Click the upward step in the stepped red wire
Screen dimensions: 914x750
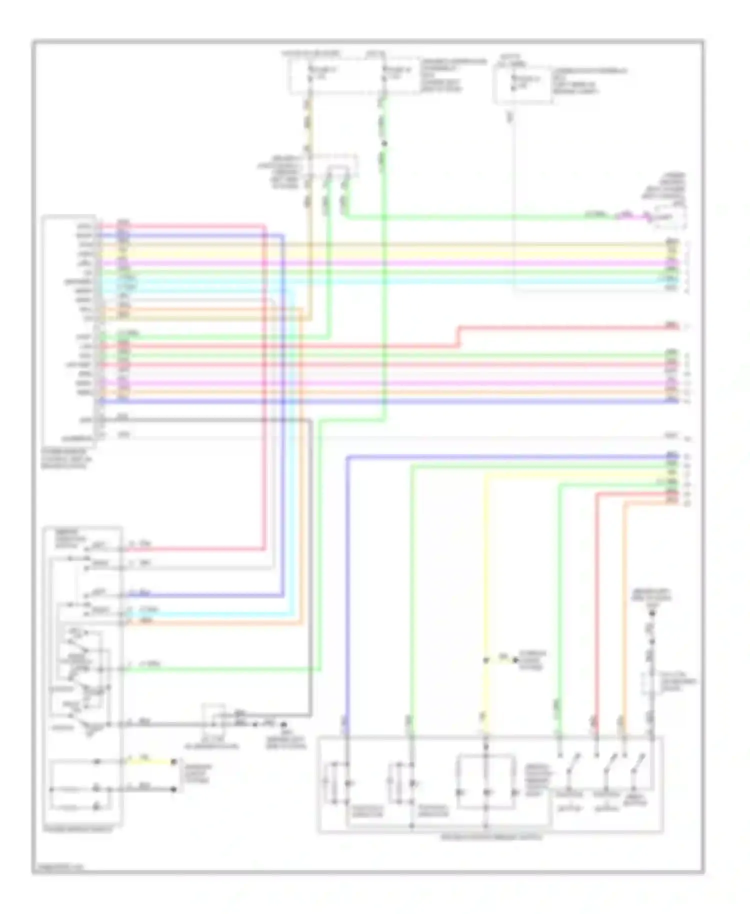(458, 336)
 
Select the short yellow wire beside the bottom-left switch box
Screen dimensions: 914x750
(150, 761)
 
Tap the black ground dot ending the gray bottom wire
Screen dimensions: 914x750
(284, 724)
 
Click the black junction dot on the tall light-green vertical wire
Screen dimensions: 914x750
(384, 144)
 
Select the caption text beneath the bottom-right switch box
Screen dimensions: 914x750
(490, 836)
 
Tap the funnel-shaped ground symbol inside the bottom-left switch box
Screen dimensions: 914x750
(90, 732)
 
